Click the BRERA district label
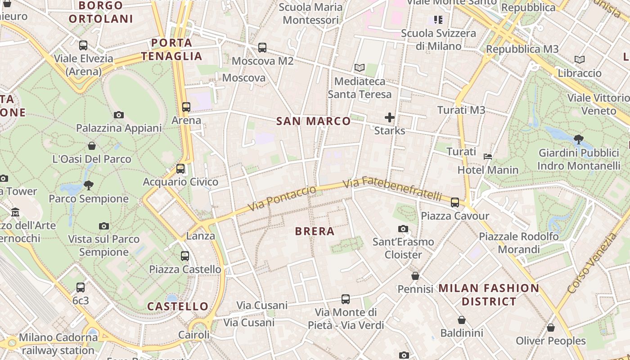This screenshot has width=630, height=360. point(315,231)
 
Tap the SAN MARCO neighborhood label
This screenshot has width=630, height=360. point(313,121)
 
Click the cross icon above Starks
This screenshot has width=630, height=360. point(390,118)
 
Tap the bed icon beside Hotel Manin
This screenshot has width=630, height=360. point(487,157)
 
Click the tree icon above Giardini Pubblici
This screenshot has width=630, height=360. point(579,139)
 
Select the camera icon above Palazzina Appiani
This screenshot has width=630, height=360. point(119,115)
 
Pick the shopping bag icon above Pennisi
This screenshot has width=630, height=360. point(415,275)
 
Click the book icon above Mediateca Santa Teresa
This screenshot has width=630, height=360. point(359,68)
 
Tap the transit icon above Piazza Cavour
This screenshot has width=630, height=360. point(455,202)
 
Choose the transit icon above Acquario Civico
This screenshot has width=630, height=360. point(180,169)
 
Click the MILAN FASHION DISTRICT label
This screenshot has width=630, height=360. point(489,295)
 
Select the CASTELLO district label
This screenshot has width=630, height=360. point(178,306)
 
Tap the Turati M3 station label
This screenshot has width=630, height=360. point(461,110)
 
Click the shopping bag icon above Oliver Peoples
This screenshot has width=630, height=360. point(551,328)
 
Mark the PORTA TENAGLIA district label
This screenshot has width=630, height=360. point(172,49)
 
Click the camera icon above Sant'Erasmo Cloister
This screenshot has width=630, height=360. point(403,229)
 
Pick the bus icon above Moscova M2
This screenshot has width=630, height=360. point(262,47)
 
